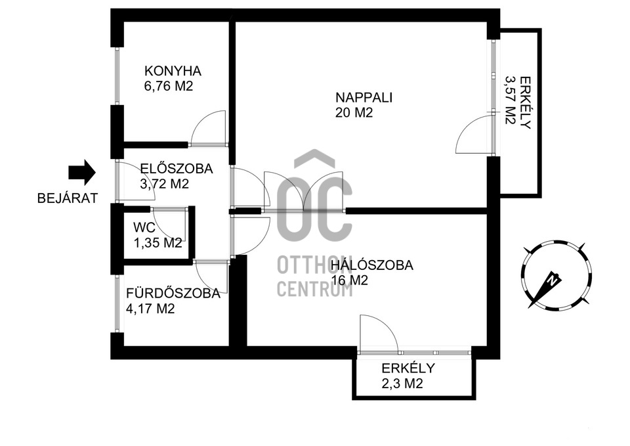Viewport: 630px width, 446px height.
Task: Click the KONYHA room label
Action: pos(173,71)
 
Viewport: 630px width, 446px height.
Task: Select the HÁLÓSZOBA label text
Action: pos(372,266)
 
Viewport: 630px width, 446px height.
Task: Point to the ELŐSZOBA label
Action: pos(176,169)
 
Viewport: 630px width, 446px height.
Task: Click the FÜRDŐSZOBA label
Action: pos(173,294)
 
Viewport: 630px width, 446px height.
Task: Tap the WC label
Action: pos(144,228)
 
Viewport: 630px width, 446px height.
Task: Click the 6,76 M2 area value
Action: pos(169,86)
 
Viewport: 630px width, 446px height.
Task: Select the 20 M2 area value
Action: pos(354,113)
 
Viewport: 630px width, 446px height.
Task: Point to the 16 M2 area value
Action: pos(349,280)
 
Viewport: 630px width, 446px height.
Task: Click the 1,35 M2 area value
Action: pos(157,243)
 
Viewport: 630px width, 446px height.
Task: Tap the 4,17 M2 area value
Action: pos(150,309)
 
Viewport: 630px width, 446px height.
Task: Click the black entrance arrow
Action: pos(82,172)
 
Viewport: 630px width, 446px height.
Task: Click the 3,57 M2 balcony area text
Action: pos(510,99)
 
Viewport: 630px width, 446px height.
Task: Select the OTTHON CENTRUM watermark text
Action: pos(315,276)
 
